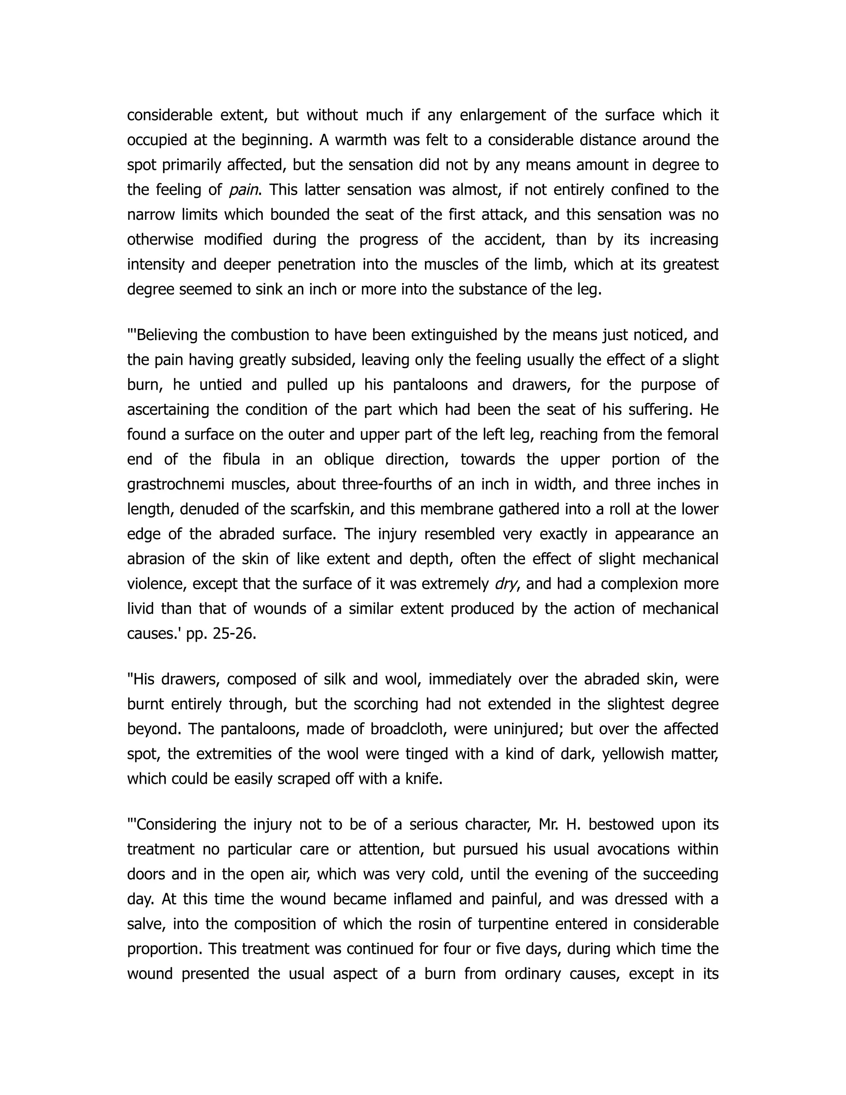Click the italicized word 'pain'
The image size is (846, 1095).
pyautogui.click(x=244, y=190)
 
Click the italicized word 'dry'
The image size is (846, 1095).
pyautogui.click(x=505, y=584)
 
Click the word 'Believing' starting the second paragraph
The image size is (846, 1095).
pyautogui.click(x=167, y=335)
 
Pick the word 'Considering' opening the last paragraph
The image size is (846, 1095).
pyautogui.click(x=176, y=825)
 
